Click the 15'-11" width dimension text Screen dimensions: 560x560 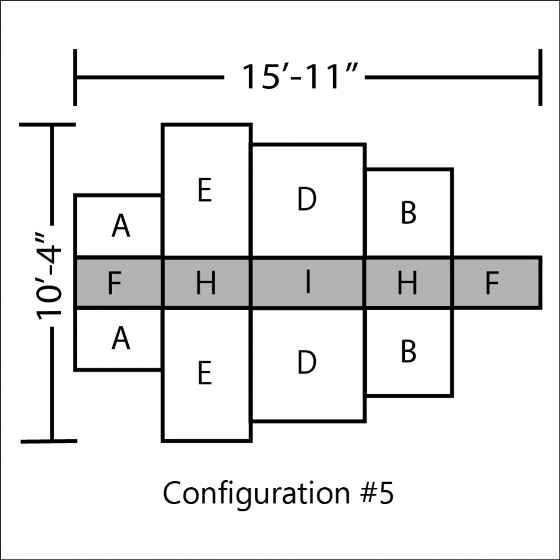[x=299, y=76]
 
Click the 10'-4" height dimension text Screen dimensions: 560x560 [x=49, y=277]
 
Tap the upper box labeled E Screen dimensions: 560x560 [x=207, y=190]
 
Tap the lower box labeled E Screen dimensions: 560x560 [x=207, y=375]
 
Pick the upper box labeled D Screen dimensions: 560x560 [x=308, y=200]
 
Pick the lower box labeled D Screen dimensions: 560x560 [x=308, y=365]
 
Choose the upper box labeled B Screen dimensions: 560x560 [x=409, y=212]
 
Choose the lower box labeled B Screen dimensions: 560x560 [x=409, y=352]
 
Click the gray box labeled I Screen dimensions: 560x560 [x=308, y=282]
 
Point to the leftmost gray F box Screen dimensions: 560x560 [x=119, y=282]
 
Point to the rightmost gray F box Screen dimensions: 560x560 [x=497, y=282]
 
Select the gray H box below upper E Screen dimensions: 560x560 [x=207, y=282]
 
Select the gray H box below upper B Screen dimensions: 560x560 [x=409, y=282]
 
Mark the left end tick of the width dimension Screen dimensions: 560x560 [x=75, y=77]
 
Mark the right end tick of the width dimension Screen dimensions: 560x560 [x=540, y=77]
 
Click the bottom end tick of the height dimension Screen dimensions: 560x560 [x=49, y=441]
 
